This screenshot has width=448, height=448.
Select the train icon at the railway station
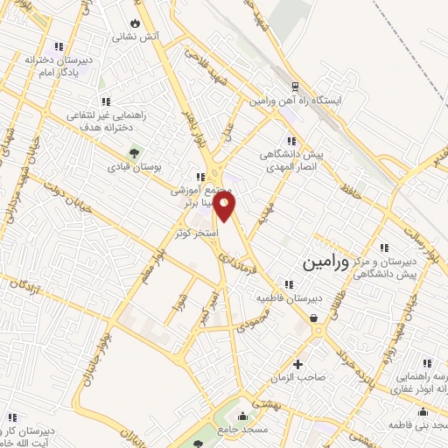pos(294,87)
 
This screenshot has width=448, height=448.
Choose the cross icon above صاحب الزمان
pos(297,364)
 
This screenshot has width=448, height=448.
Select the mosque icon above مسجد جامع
pos(242,415)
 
